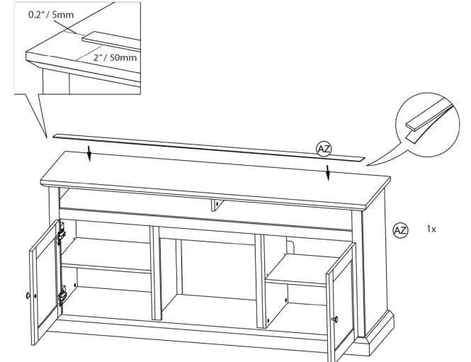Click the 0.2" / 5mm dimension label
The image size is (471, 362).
[51, 14]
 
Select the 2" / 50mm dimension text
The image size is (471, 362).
[115, 57]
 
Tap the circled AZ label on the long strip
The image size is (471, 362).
[324, 148]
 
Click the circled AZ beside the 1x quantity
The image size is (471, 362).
[400, 230]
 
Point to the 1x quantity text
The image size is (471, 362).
[431, 230]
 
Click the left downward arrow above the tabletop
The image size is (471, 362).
[89, 152]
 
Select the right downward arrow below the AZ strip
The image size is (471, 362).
[327, 172]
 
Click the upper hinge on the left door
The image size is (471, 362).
[61, 232]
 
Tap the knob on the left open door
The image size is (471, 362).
[28, 295]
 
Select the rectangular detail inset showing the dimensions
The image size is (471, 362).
[78, 46]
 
